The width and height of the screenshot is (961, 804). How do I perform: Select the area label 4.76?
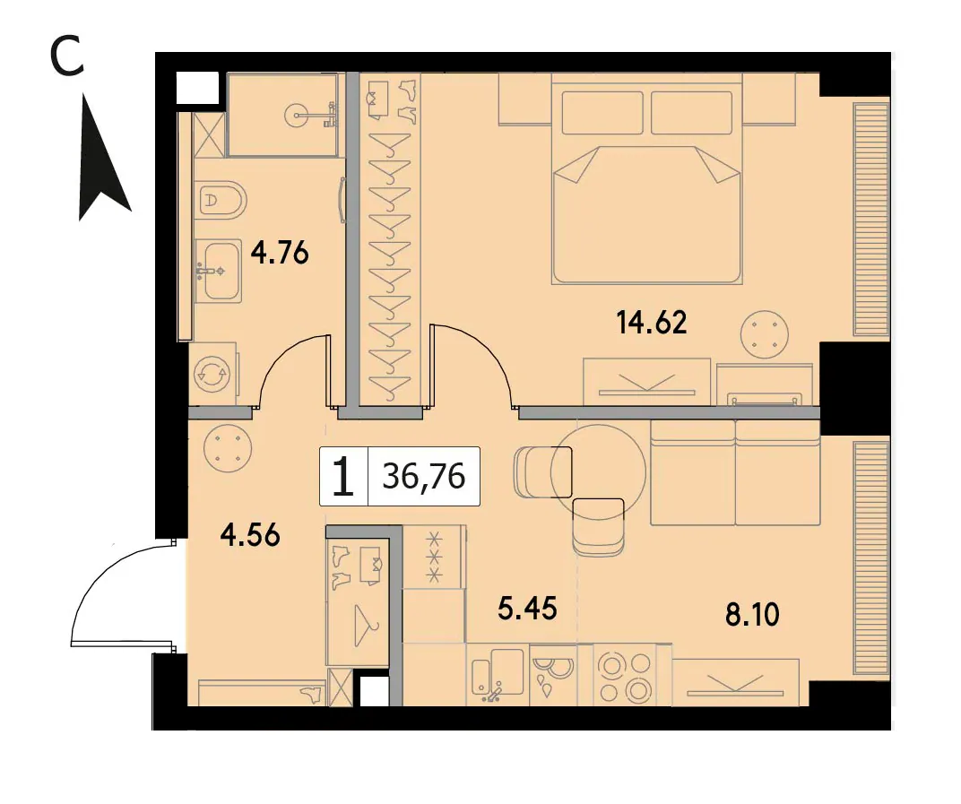point(280,252)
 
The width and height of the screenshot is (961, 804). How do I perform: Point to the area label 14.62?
point(652,323)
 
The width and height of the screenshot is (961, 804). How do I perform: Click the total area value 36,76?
point(424,476)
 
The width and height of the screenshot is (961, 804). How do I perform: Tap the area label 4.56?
point(250,535)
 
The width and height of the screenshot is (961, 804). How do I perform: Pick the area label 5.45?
point(527,609)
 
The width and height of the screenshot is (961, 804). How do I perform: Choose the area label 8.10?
point(752,614)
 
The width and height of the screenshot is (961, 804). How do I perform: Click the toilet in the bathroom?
point(221,200)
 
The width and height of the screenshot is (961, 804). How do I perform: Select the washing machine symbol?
point(212,374)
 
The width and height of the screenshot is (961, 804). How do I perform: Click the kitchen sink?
point(498,674)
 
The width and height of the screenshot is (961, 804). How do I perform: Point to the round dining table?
point(598,472)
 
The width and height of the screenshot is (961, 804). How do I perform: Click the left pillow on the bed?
point(602,113)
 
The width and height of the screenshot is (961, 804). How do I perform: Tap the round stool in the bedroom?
point(763,335)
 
